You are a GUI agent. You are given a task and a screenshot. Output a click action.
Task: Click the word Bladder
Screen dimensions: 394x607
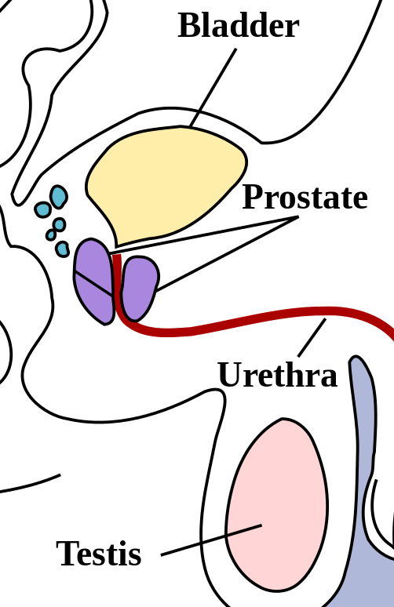click(239, 25)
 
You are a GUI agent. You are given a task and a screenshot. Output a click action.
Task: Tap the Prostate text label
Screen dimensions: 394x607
click(305, 197)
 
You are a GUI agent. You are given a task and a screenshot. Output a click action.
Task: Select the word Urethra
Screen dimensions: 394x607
click(277, 375)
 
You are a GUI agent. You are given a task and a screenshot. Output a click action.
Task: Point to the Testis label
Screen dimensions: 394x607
click(99, 553)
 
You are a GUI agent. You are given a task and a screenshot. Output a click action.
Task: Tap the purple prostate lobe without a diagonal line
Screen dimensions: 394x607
click(140, 289)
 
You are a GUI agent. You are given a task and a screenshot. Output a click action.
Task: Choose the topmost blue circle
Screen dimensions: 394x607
click(59, 197)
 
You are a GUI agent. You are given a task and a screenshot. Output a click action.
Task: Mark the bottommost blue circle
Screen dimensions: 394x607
click(62, 249)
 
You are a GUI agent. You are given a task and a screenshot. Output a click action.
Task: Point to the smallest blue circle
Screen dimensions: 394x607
click(51, 234)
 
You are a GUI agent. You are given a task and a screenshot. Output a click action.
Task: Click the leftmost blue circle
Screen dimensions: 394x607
click(42, 209)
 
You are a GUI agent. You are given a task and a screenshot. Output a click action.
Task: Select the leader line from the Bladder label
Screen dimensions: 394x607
click(213, 88)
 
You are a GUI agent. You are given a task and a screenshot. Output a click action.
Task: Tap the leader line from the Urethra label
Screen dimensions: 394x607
click(312, 337)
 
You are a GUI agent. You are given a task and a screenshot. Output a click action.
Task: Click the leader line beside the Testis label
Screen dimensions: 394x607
click(211, 540)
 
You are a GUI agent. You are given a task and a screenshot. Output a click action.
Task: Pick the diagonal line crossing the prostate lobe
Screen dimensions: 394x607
click(94, 284)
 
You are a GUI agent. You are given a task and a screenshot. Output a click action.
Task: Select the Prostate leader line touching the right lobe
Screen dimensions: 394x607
click(227, 254)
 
